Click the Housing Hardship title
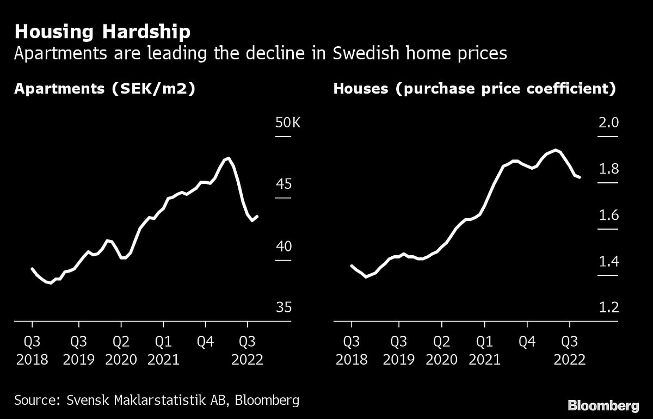coord(102,32)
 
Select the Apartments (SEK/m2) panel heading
coord(104,89)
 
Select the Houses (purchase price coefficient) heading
coord(475,89)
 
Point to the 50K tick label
coord(288,123)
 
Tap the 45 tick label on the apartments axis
coord(284,184)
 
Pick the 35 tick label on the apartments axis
coord(284,307)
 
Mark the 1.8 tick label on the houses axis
coord(608,169)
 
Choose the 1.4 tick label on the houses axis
coord(608,262)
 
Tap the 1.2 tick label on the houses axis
coord(608,307)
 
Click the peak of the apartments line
coord(229,158)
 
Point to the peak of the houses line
coord(555,150)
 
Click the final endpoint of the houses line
coord(580,177)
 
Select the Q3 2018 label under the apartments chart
coord(32,350)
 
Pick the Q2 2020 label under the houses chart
coord(441,350)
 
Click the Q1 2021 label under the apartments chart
coord(163,350)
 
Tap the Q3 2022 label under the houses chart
coord(569,350)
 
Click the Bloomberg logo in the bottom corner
coord(603,405)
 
